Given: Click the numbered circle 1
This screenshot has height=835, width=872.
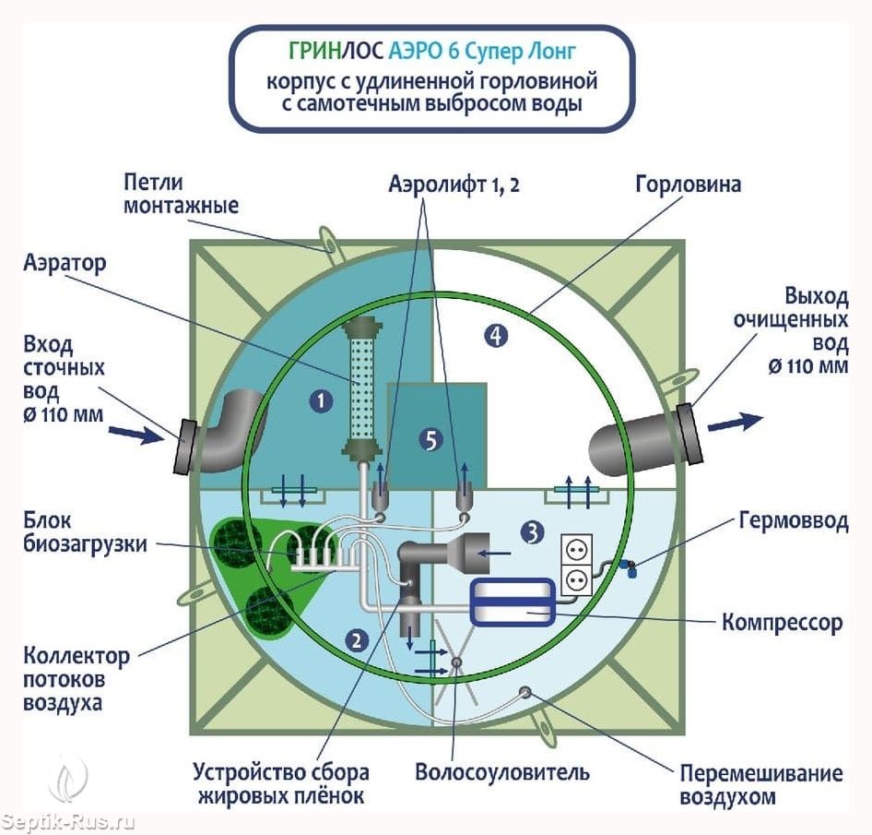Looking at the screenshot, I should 321,400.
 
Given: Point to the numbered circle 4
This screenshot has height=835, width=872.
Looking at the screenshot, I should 496,336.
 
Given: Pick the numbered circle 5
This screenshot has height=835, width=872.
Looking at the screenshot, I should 430,440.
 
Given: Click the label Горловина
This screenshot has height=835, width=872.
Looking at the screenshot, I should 688,185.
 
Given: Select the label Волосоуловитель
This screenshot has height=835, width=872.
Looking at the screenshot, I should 501,770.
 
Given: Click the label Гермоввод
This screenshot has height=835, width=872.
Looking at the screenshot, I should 792,521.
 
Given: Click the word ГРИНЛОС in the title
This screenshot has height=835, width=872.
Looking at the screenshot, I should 324,50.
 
